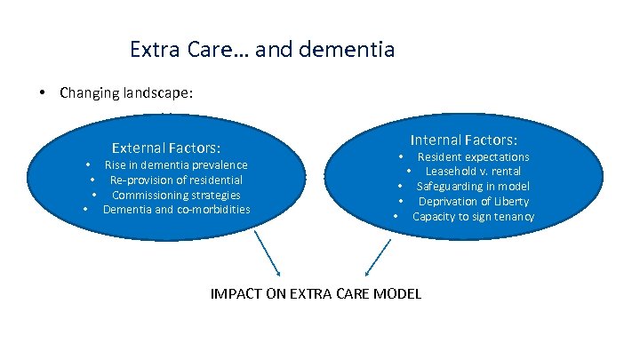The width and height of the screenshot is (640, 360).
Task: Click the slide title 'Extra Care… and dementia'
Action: [261, 48]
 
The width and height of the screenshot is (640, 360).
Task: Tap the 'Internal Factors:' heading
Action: [464, 140]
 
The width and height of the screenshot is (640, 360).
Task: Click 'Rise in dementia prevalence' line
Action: [176, 164]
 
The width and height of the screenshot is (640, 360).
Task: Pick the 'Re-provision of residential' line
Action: [176, 180]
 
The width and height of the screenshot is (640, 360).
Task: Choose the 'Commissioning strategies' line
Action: [176, 195]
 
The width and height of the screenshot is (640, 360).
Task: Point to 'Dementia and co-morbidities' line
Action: [176, 210]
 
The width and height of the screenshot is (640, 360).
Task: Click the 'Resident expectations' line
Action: [473, 156]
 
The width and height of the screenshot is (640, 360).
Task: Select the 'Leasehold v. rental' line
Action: [473, 171]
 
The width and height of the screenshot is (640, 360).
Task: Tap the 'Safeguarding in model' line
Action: [473, 186]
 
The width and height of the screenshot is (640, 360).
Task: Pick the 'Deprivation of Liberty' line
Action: [473, 201]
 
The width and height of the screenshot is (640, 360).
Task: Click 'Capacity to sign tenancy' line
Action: [473, 216]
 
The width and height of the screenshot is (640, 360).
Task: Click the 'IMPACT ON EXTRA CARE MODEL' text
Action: [316, 294]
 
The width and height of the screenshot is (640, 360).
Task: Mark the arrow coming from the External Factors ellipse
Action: [268, 253]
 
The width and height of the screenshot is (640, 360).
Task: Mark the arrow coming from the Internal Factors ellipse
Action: [379, 256]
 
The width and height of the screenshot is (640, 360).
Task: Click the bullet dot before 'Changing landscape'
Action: [43, 92]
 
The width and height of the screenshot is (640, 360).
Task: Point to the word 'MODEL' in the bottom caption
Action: [397, 294]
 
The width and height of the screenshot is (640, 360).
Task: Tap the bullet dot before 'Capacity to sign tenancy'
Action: [394, 217]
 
